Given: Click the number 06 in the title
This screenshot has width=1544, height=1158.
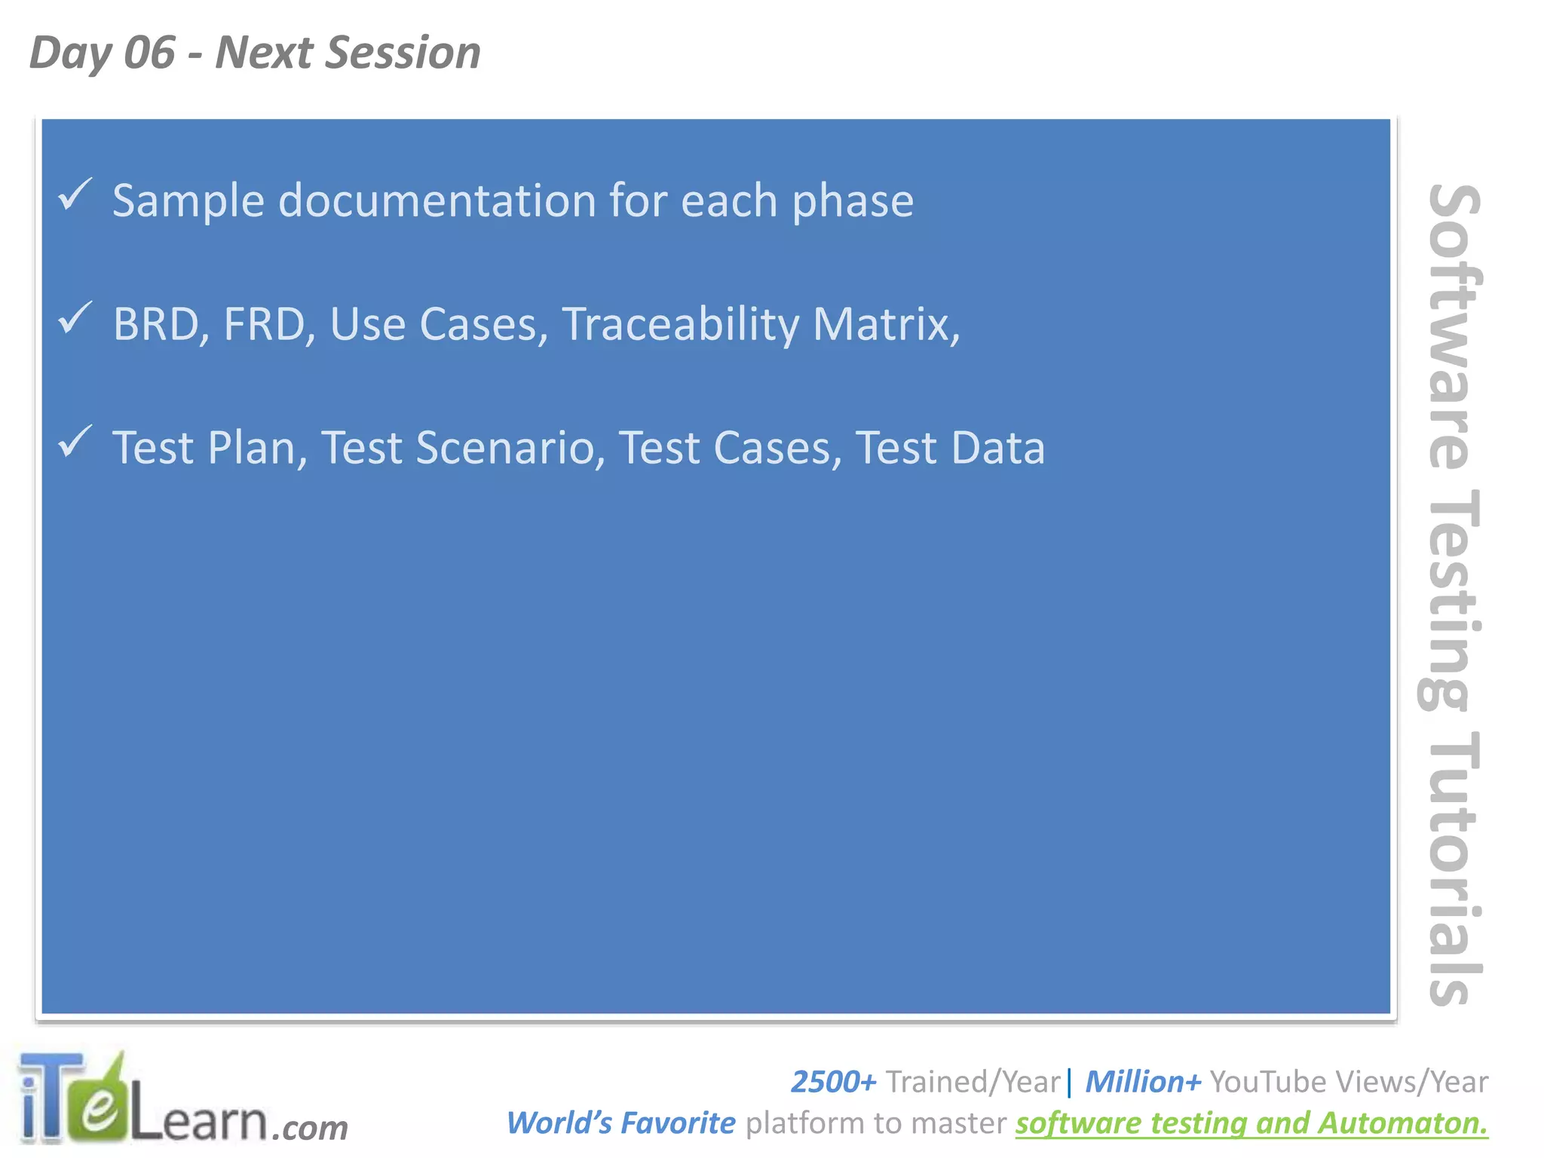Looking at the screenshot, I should coord(149,53).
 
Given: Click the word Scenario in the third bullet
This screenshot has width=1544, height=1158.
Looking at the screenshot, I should coord(510,448).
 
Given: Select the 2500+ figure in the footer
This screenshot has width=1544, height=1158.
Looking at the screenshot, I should coord(833,1082).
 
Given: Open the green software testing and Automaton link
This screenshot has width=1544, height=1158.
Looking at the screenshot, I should coord(1251,1123).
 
